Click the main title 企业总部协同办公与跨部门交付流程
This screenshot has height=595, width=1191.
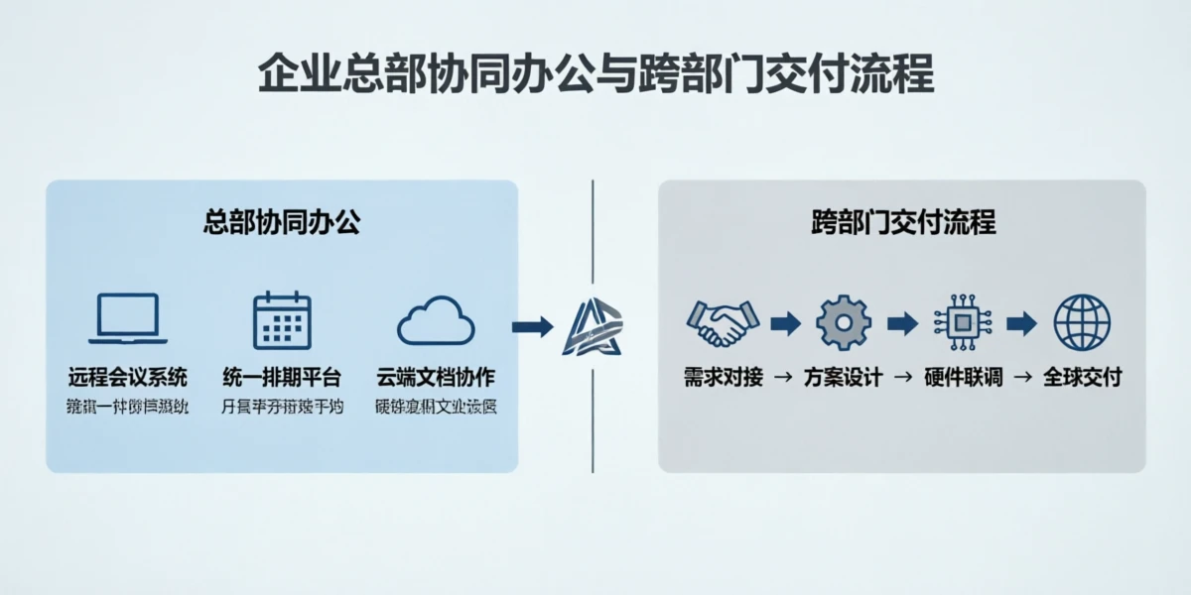595,75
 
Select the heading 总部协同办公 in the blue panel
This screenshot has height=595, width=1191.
282,221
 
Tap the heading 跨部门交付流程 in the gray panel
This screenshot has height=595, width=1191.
902,221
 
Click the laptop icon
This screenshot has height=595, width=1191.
127,318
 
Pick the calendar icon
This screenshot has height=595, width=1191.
282,319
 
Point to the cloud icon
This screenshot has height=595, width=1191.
436,321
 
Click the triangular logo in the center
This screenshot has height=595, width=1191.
593,326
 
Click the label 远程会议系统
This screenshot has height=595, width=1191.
128,378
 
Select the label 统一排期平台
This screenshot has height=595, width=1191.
282,378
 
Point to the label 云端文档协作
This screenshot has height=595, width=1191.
436,378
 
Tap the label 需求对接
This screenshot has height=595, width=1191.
723,378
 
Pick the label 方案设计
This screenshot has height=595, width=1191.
843,378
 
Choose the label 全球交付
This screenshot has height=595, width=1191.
1082,378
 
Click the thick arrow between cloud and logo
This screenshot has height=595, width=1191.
532,326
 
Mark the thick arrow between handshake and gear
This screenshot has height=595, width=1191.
784,322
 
